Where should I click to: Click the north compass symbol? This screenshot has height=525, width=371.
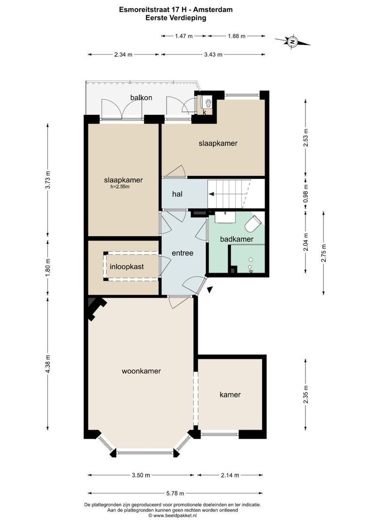292,42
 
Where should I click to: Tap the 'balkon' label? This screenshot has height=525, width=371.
141,98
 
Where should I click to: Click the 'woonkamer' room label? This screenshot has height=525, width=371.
141,371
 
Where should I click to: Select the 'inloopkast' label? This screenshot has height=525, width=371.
126,267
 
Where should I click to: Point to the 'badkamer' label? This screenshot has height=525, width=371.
236,239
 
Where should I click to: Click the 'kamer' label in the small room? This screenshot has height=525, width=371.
230,395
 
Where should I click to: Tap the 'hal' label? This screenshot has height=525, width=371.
177,194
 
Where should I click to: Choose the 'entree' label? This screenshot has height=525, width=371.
183,253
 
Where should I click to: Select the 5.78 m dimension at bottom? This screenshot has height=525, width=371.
175,493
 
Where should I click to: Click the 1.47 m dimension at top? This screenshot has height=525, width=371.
184,35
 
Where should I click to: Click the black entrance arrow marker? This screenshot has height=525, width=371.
209,290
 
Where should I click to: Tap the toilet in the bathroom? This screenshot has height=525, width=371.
253,224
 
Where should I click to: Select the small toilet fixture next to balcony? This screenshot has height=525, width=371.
208,103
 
